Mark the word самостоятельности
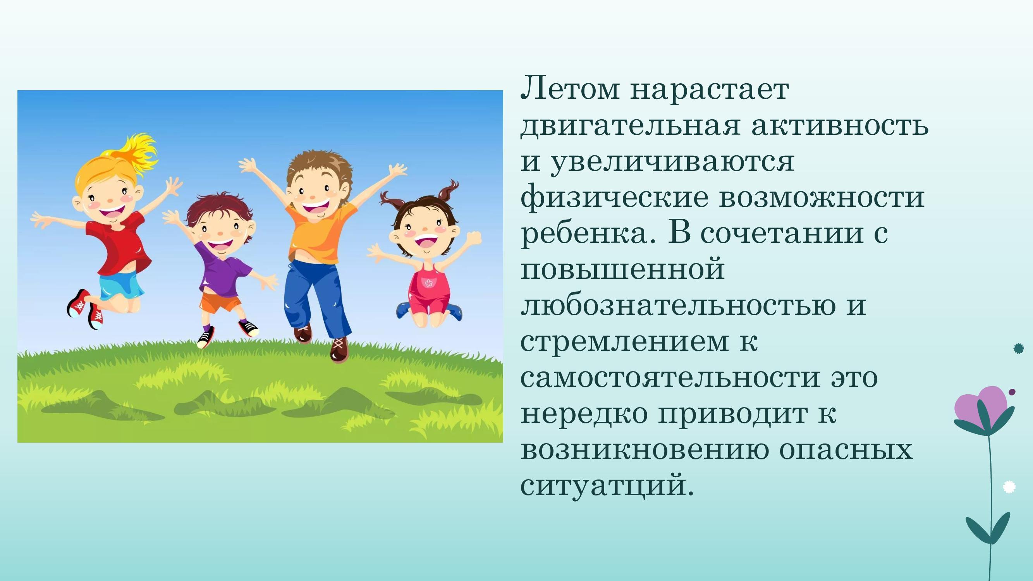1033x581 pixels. coord(670,378)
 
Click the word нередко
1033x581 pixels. coord(583,414)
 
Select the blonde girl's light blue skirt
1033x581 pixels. coord(122,285)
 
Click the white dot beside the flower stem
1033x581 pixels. coord(1009,487)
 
